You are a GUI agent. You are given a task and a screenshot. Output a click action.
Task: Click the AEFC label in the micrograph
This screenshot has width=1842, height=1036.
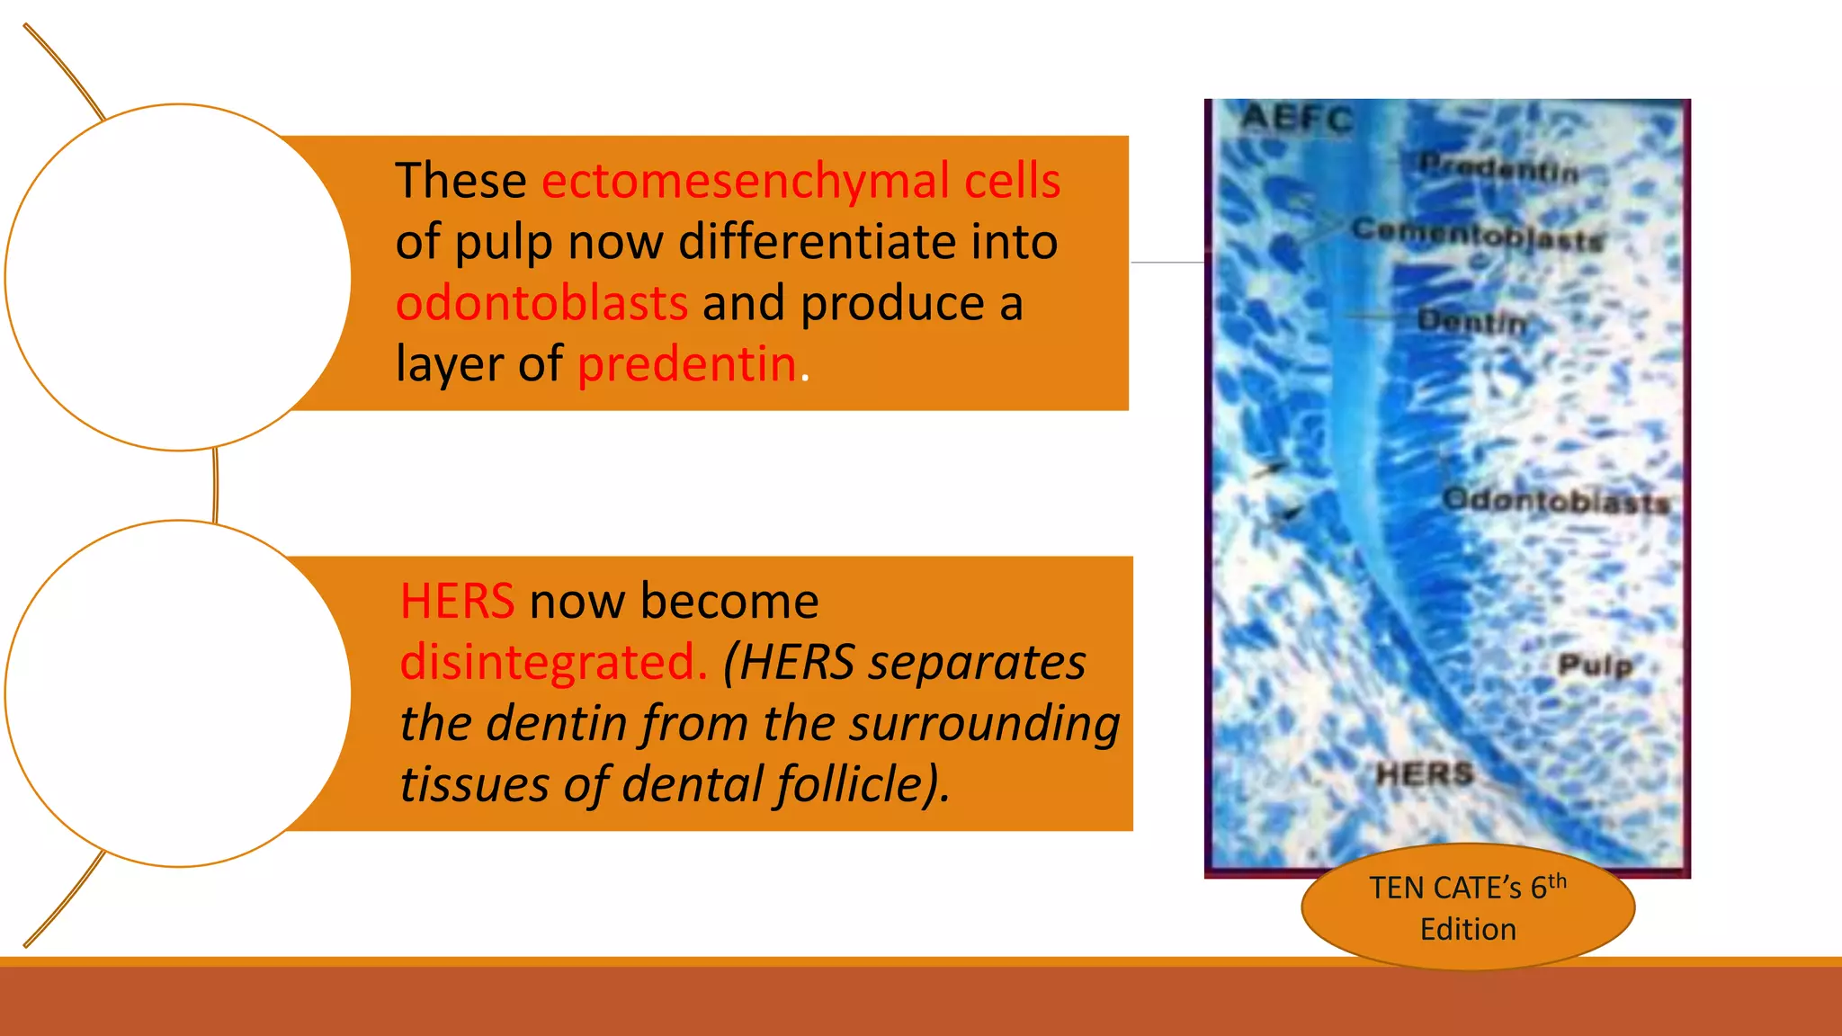click(x=1296, y=119)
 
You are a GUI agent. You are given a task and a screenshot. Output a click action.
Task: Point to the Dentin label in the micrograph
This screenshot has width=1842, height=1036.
click(x=1472, y=321)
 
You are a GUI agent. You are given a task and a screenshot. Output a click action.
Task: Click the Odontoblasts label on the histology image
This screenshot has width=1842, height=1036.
click(x=1556, y=500)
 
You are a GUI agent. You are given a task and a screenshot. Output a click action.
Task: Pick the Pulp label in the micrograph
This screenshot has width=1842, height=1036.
click(x=1595, y=665)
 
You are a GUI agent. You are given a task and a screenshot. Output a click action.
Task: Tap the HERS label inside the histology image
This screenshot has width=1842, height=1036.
click(x=1425, y=773)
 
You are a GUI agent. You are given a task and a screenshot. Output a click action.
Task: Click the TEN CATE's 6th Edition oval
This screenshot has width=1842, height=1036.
click(x=1468, y=906)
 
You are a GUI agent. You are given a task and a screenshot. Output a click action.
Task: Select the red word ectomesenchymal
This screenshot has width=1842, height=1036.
click(x=745, y=181)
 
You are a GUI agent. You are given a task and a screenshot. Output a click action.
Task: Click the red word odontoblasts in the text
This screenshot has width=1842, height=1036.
click(x=541, y=303)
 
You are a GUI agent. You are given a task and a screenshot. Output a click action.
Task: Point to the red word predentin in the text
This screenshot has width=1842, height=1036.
click(x=687, y=364)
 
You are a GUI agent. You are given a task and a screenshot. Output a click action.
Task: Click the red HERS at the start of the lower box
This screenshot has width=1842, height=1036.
click(x=457, y=601)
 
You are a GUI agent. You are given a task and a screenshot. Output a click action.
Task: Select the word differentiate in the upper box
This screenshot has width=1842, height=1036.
click(x=804, y=242)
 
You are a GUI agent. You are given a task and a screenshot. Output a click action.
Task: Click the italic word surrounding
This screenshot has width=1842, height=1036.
click(x=985, y=723)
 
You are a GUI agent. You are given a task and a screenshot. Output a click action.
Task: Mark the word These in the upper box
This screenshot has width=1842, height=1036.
click(x=460, y=181)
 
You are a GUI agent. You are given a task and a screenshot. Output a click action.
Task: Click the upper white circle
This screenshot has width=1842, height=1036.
click(x=178, y=277)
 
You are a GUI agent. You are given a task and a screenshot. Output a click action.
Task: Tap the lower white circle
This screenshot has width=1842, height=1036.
click(x=178, y=693)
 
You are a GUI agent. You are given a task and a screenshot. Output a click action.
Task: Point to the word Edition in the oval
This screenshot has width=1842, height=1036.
click(x=1468, y=929)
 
